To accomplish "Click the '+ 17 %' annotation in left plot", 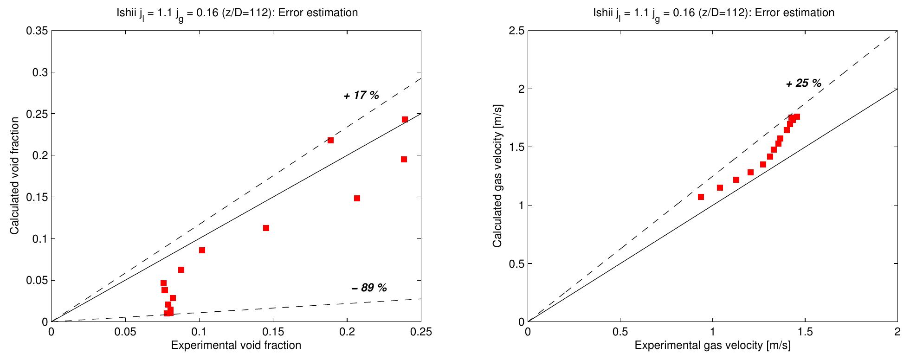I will coord(361,96).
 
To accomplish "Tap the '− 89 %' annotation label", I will coord(369,288).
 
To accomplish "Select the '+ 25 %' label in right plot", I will coord(804,84).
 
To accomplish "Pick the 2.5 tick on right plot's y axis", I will coord(515,31).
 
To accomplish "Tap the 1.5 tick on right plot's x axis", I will coord(805,332).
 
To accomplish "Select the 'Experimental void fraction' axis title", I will coord(236,345).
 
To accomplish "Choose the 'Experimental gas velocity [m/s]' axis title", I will coord(712,345).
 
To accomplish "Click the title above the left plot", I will coord(236,13).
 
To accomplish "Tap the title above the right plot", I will coord(713,13).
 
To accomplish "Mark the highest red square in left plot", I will coord(405,119).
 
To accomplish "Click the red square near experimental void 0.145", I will coord(266,228).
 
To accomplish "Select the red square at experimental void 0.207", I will coord(357,198).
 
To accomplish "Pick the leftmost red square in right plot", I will coord(701,197).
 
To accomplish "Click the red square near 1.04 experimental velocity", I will coord(720,187).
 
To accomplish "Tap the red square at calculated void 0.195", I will coord(404,159).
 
